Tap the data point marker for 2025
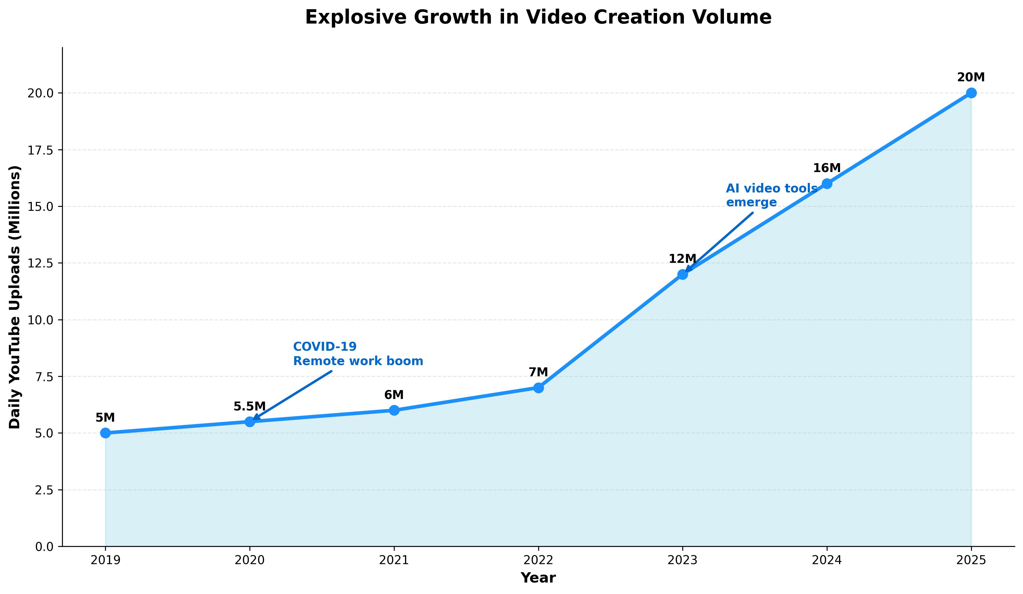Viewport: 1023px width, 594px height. coord(971,93)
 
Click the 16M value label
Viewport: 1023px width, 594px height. coord(826,168)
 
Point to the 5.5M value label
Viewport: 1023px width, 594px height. coord(249,406)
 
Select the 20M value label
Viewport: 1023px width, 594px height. coord(971,77)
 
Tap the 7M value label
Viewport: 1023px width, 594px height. coord(538,372)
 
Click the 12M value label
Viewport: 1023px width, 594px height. coord(682,259)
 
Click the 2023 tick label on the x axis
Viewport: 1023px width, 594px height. coord(682,561)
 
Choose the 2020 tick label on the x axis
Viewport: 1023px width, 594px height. coord(250,561)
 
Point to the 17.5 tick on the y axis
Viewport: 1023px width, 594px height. coord(40,150)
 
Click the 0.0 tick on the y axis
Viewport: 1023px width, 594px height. coord(44,547)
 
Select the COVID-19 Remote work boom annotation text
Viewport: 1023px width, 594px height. coord(358,354)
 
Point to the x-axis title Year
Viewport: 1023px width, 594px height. coord(538,578)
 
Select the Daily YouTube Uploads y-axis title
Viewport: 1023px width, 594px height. coord(15,297)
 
